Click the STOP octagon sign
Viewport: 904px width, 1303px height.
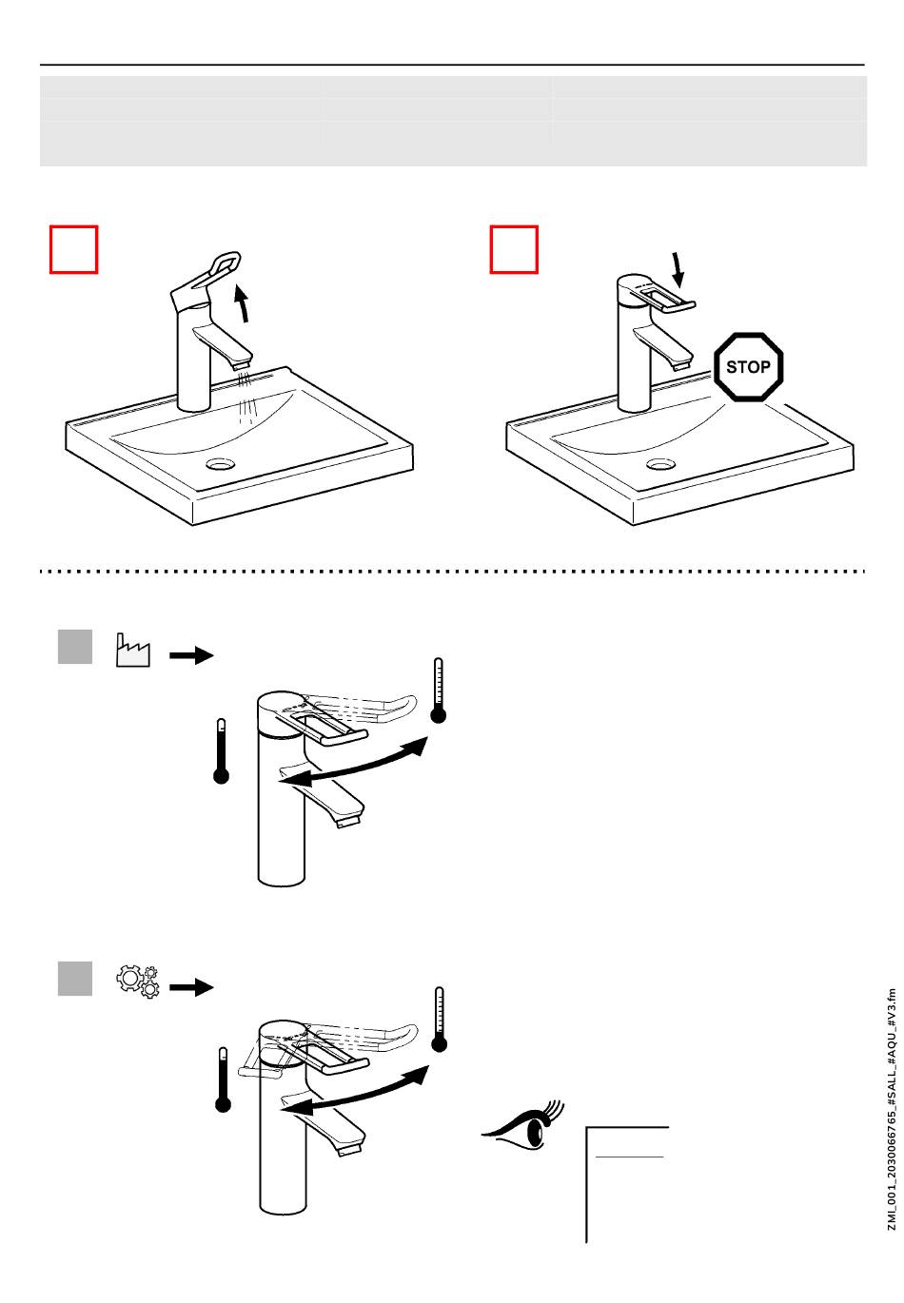tap(748, 366)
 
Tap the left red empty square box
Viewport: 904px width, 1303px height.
tap(73, 249)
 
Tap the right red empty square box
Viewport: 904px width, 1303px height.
tap(514, 249)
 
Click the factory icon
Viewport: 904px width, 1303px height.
tap(132, 651)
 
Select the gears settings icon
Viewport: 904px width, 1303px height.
tap(137, 981)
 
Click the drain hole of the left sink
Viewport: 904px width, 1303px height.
tap(220, 464)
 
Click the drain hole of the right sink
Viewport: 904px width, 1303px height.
tap(661, 464)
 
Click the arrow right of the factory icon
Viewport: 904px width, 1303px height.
tap(191, 655)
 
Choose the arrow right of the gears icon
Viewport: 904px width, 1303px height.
tap(191, 987)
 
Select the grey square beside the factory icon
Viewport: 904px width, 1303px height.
tap(75, 647)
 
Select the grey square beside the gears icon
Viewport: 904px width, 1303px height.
tap(75, 979)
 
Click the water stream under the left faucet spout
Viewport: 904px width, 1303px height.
tap(247, 396)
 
